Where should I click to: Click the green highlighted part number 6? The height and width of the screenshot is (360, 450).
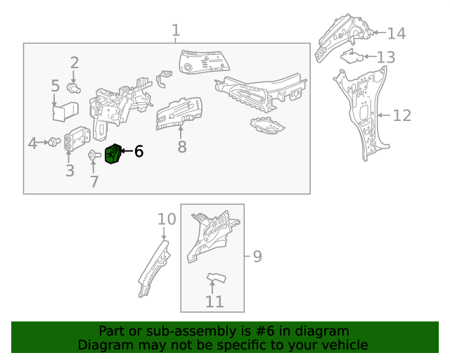[x=113, y=155]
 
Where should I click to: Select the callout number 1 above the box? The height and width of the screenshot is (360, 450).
[x=176, y=31]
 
